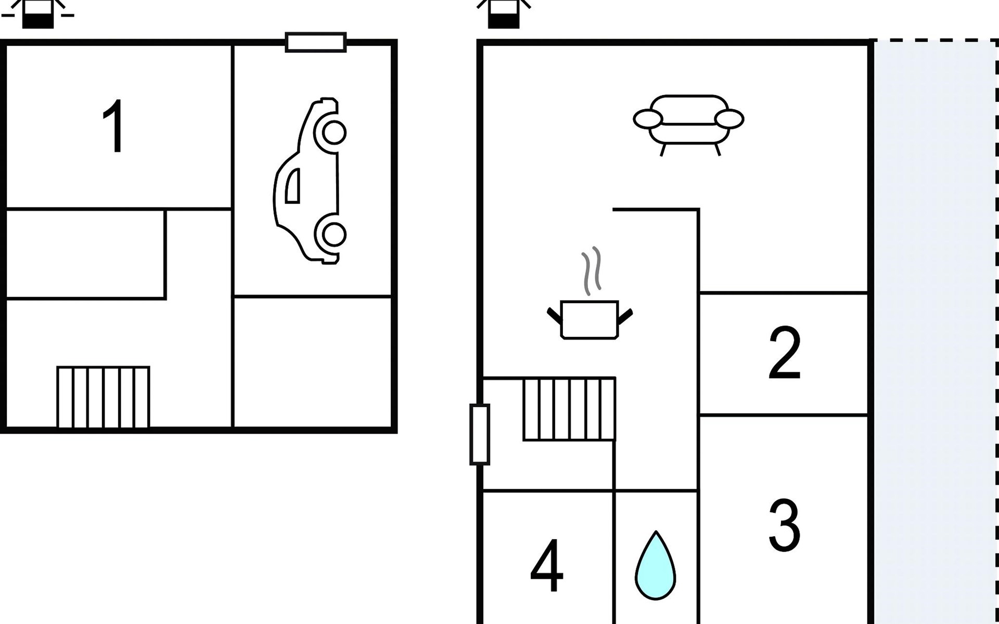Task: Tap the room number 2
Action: pos(784,354)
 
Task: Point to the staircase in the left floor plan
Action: pos(103,397)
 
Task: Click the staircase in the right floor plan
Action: pos(569,409)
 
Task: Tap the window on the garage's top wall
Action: pos(316,43)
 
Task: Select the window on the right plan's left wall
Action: pos(480,434)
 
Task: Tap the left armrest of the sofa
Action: pos(647,119)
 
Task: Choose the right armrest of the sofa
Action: pos(729,119)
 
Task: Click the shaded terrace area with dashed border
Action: pos(934,333)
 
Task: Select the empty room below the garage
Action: pos(312,362)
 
